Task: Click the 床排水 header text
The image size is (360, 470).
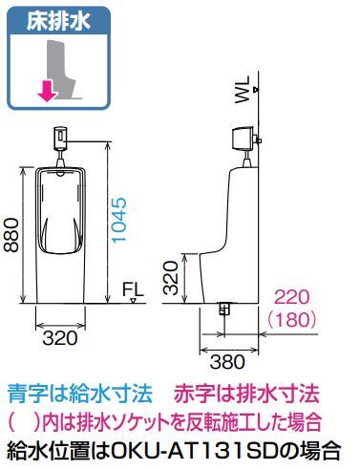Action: coord(58,21)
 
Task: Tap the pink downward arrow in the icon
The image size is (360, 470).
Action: coord(48,91)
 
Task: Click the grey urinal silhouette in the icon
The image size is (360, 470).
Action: coord(63,69)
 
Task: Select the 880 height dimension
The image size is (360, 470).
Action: coord(11,235)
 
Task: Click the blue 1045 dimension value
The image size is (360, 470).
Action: coord(119,221)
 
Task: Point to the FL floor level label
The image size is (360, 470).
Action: coord(133,289)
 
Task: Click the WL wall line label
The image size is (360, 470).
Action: coord(243,90)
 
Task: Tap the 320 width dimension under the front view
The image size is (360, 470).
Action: coord(60,338)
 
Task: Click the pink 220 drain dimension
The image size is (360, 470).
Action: coord(291,297)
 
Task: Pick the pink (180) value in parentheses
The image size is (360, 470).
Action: coord(292,320)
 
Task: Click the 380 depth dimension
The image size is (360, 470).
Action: coord(227,362)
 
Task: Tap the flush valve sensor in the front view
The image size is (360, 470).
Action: coord(60,139)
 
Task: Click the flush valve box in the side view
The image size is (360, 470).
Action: coord(244,139)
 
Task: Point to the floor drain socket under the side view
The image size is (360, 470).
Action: coord(224,309)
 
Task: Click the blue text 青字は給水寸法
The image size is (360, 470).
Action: coord(80,394)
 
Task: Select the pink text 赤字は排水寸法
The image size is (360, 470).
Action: coord(246,394)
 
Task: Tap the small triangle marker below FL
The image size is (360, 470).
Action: coord(134,300)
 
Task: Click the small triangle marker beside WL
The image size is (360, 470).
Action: coord(255,90)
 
